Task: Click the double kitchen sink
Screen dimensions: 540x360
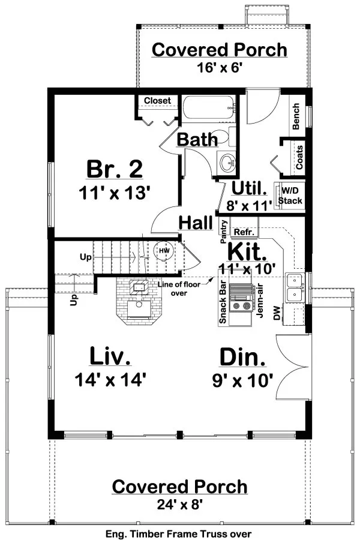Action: (295, 287)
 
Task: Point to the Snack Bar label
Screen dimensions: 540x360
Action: (223, 304)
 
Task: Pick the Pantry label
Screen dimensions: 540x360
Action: (224, 232)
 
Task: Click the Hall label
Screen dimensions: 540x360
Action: (196, 223)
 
